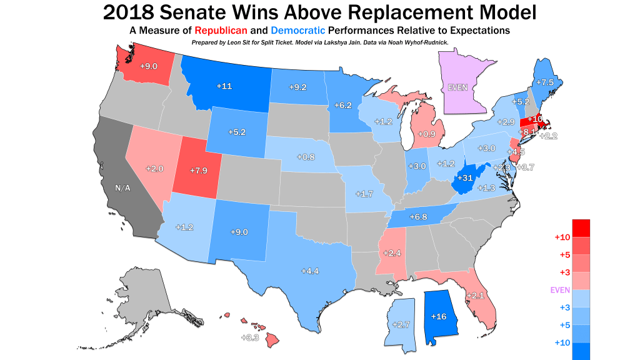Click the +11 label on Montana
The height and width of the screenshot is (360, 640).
click(225, 86)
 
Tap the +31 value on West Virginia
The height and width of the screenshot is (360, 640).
click(464, 178)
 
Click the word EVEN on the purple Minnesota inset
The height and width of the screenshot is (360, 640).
click(458, 88)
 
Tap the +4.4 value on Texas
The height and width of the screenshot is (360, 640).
click(310, 271)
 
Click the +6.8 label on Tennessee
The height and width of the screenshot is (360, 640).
click(418, 217)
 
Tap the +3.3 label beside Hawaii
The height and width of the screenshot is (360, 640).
click(250, 337)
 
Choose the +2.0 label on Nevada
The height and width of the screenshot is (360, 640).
click(154, 169)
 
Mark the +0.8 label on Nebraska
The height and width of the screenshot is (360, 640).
click(306, 156)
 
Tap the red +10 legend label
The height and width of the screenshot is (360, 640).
click(561, 237)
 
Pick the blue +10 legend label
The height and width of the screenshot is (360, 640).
click(561, 343)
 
